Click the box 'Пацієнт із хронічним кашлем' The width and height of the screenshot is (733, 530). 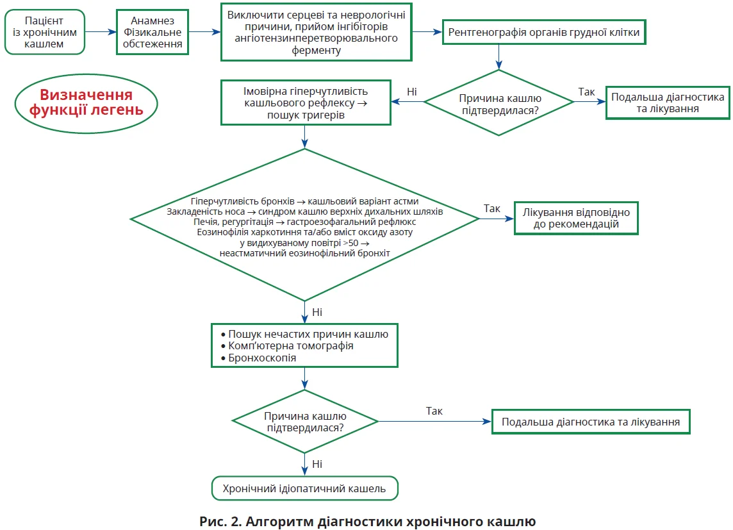[45, 31]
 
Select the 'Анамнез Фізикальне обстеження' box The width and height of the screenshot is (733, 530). [153, 31]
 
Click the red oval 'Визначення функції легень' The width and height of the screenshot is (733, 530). [86, 103]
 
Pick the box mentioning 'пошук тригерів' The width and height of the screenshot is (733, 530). [306, 103]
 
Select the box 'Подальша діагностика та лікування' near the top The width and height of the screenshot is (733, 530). [668, 103]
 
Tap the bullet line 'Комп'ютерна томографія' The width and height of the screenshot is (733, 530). [291, 345]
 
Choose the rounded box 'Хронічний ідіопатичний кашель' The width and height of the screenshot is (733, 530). [304, 489]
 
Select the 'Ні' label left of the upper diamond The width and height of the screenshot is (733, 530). [412, 92]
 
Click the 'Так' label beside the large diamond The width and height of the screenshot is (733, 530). [492, 208]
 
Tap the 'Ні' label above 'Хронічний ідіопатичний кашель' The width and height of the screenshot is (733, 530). [317, 464]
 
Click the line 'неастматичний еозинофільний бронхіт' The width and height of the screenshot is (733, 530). [305, 253]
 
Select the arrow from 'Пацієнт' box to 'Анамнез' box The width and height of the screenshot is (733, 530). [101, 31]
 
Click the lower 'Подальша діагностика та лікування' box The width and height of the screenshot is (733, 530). [590, 422]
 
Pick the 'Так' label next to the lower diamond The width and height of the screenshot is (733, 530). [434, 411]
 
